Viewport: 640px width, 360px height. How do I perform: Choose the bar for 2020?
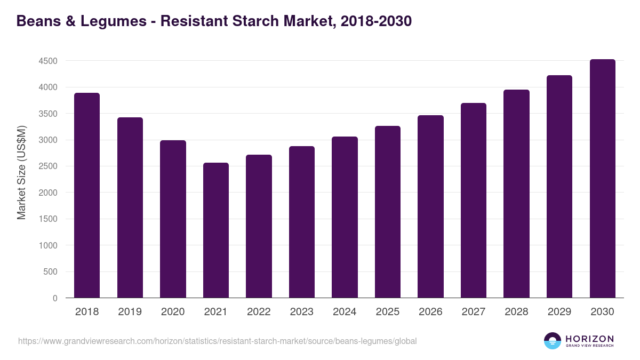click(x=173, y=219)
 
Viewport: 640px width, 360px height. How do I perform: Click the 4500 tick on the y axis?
click(x=48, y=61)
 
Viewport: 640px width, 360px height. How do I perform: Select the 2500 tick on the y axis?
click(x=48, y=166)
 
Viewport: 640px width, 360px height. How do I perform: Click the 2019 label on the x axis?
click(x=130, y=312)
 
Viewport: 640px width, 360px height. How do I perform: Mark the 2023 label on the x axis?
click(x=302, y=312)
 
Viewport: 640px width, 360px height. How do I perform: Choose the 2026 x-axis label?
click(x=430, y=312)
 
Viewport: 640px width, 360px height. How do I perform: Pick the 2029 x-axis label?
click(x=559, y=312)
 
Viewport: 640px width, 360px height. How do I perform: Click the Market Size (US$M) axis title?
click(x=21, y=172)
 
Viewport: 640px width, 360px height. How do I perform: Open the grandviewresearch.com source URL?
click(x=217, y=341)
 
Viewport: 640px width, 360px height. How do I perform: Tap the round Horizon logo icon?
click(x=553, y=341)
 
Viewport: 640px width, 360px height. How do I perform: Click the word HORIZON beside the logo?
click(x=589, y=339)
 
